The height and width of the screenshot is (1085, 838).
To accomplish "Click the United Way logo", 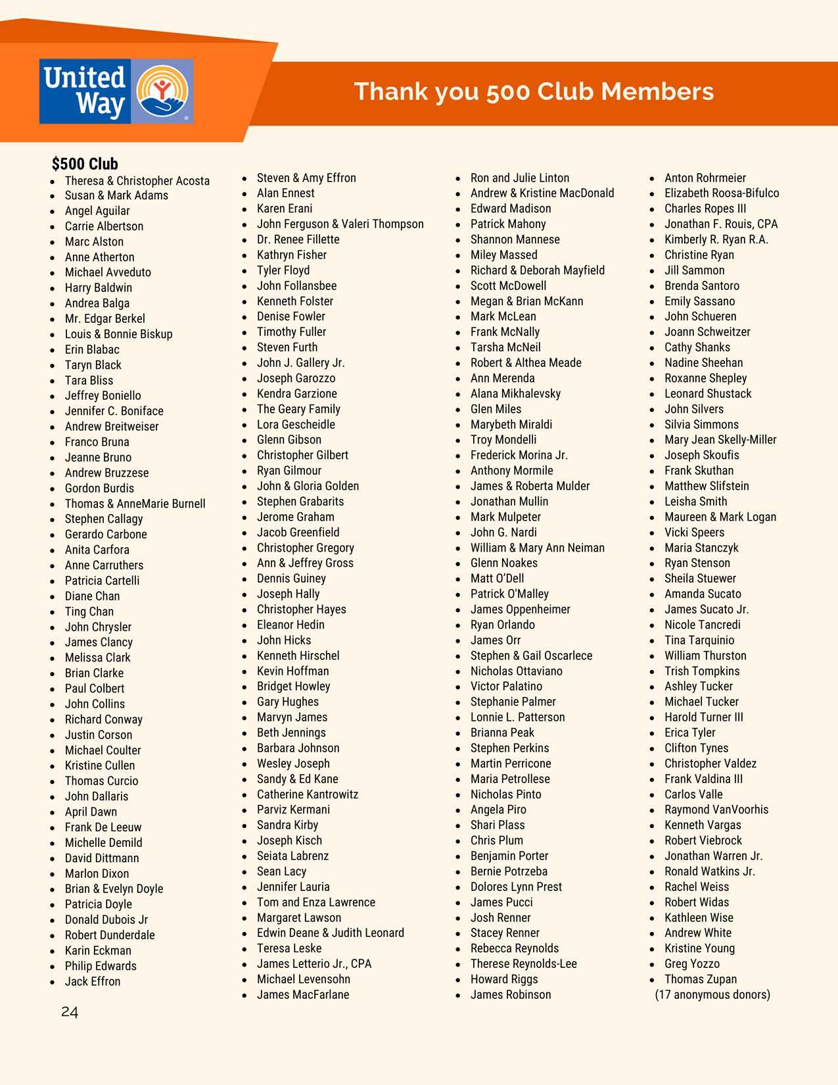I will coord(116,91).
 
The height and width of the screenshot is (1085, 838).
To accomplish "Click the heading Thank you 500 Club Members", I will coord(534,91).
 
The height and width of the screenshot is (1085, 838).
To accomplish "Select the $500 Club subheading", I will coord(85,164).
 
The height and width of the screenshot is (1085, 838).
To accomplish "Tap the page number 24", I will coord(70,1012).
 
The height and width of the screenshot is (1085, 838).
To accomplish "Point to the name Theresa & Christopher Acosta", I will coord(137,181).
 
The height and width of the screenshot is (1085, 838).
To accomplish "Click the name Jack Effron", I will coord(93,981).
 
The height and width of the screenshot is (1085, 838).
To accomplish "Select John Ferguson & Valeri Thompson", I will coord(340,224).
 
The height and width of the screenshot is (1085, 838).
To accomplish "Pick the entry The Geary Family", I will coord(298,409).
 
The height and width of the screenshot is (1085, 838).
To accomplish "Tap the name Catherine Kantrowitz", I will coord(308,794).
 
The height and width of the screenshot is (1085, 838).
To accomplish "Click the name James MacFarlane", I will coord(303,995).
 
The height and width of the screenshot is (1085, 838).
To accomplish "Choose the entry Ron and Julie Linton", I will coord(519,178).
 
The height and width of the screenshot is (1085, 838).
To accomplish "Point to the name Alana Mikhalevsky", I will coord(515,394).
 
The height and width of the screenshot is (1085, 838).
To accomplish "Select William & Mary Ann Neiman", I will coord(537,548).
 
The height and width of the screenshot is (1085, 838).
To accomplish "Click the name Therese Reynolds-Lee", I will coord(523,964).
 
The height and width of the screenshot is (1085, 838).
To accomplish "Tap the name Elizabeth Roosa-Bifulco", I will coord(721,193).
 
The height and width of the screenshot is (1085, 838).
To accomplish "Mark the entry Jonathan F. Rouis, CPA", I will coord(720,224).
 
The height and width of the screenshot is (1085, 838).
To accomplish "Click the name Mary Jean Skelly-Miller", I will coord(720,440).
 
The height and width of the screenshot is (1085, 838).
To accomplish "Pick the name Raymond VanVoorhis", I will coord(716,810).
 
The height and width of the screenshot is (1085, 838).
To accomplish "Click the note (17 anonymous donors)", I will coord(712,995).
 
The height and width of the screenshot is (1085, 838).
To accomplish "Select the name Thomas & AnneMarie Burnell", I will coord(135,504).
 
